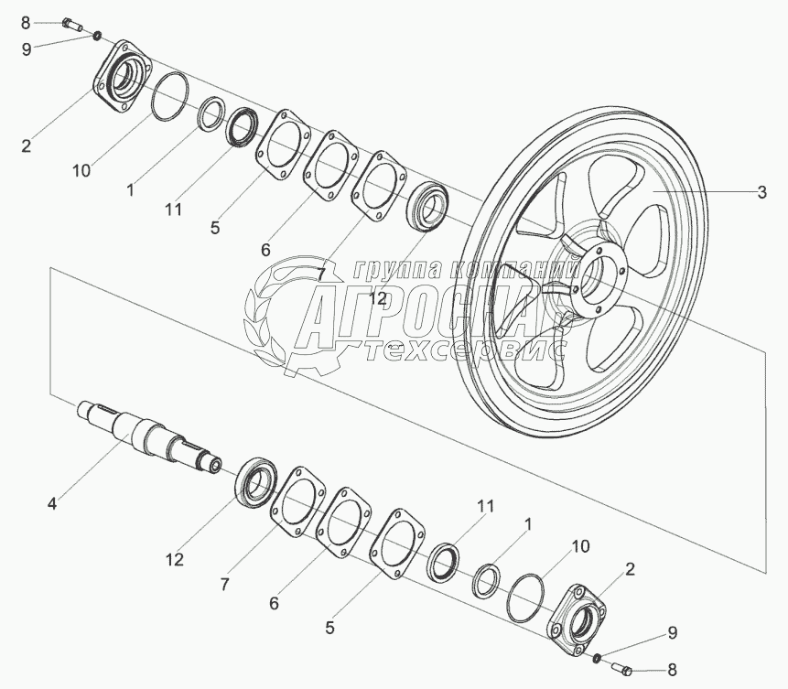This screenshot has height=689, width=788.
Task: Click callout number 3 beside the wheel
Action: pos(761,192)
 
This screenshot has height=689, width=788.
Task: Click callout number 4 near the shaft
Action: pos(52,502)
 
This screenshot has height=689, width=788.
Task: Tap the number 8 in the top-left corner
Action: pos(26,21)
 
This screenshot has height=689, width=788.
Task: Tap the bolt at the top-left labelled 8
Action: pos(73,23)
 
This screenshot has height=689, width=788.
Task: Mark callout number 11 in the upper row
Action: pos(173,210)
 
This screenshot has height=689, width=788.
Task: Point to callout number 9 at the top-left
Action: pos(26,49)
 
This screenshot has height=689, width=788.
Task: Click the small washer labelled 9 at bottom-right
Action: pos(595,656)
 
